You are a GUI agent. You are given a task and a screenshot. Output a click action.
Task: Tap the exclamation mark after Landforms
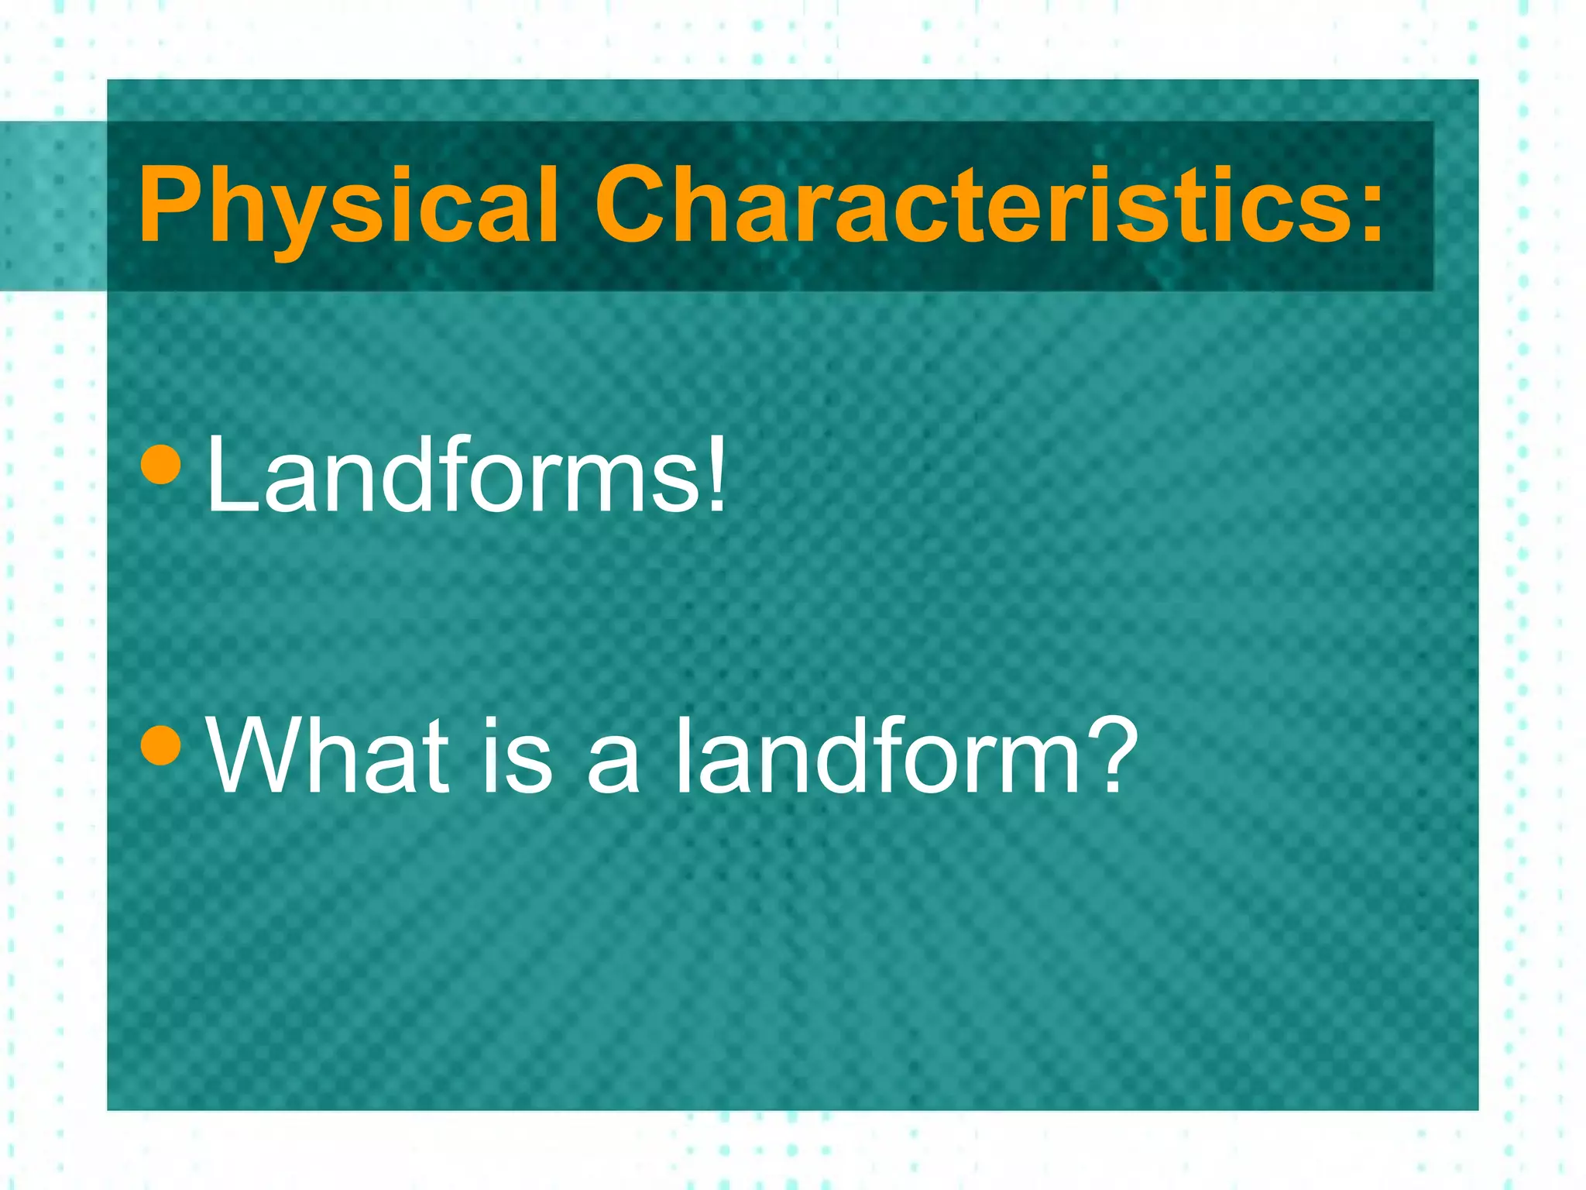coord(716,473)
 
